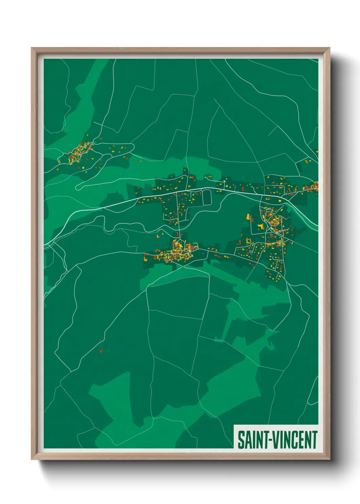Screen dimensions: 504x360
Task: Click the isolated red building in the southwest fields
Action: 101,351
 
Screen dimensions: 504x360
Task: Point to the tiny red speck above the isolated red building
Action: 100,340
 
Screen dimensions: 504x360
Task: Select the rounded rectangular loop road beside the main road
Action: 207,197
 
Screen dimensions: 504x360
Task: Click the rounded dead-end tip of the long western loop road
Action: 79,187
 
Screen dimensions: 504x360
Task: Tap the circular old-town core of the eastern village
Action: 274,222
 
